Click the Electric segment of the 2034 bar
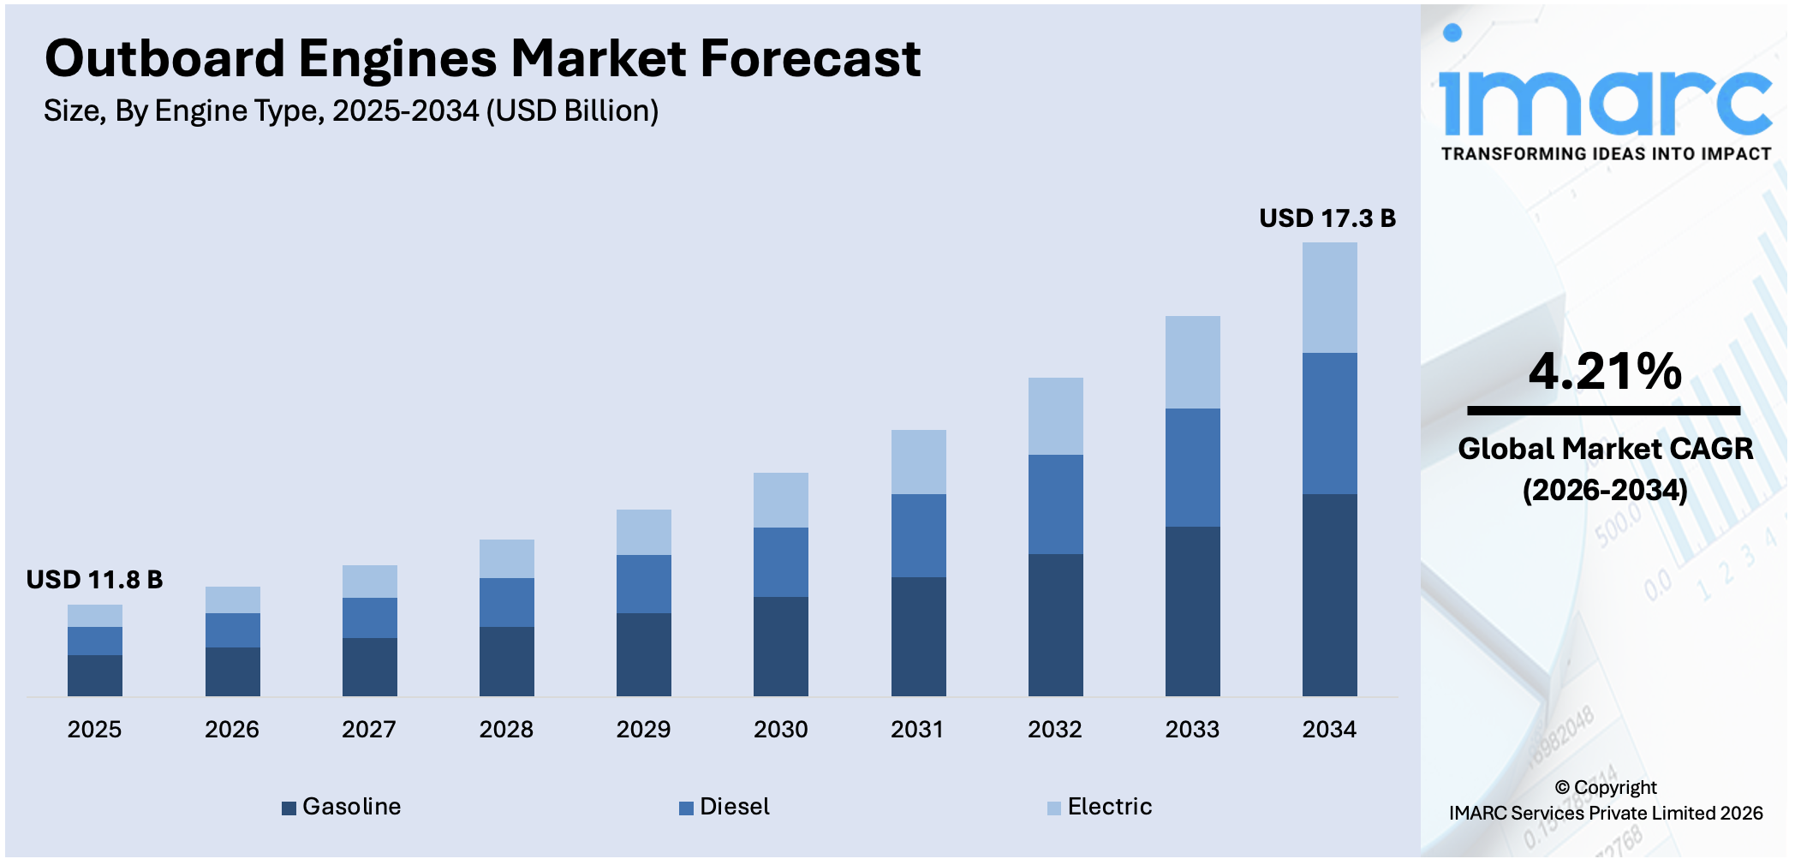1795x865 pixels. click(x=1329, y=297)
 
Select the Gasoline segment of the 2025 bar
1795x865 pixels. click(x=95, y=675)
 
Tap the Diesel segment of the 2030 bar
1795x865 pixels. click(x=780, y=562)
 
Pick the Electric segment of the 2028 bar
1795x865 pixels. click(x=506, y=558)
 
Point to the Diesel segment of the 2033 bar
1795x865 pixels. click(x=1192, y=467)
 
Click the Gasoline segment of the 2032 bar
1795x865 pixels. click(x=1055, y=624)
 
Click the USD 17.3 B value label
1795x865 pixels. click(x=1327, y=218)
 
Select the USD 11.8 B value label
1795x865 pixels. click(x=94, y=580)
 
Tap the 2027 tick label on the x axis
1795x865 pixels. click(x=368, y=730)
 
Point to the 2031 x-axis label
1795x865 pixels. click(x=916, y=730)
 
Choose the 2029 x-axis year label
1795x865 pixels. click(x=643, y=730)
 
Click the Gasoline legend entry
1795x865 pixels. click(x=342, y=807)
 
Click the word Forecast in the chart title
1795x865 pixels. click(x=809, y=59)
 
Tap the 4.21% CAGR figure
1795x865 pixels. click(x=1604, y=372)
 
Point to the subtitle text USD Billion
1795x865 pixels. click(x=572, y=111)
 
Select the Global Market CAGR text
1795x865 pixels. click(x=1604, y=449)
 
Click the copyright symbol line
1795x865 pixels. click(x=1605, y=787)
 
